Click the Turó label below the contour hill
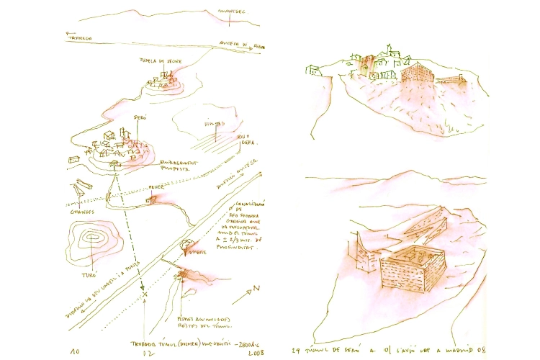click(x=87, y=274)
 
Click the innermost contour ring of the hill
click(x=93, y=237)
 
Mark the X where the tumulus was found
click(x=144, y=294)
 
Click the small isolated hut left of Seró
click(x=74, y=159)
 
